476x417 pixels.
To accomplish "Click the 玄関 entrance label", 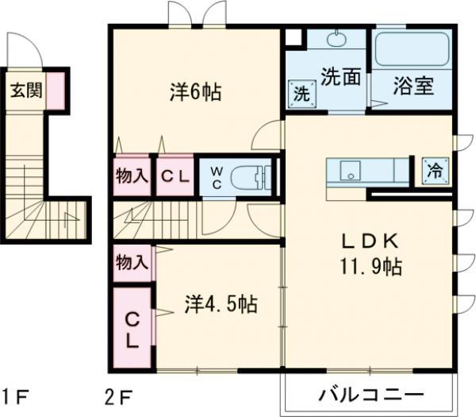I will tap(25, 91).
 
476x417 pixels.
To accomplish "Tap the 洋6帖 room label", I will tap(194, 92).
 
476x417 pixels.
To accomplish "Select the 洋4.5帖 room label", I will tap(221, 304).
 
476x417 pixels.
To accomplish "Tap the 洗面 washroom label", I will tap(340, 77).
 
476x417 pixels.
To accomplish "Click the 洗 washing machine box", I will tap(302, 92).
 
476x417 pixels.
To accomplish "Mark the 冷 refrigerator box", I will tap(435, 169).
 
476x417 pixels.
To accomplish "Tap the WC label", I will tap(216, 176).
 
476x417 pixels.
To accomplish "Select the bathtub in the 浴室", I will tap(413, 50).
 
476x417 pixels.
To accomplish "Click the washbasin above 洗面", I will tap(337, 41).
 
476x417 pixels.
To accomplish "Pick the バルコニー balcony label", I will tap(371, 395).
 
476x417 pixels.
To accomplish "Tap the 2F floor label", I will tap(118, 395).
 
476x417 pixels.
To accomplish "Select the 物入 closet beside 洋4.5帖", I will tap(132, 260).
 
